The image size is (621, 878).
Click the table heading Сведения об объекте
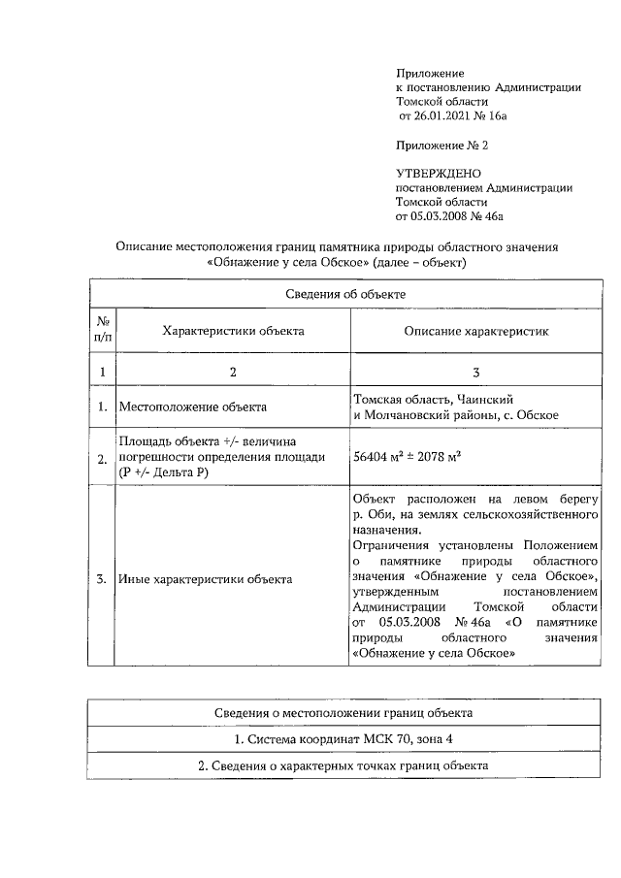tap(344, 292)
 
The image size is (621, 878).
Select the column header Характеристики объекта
tap(233, 331)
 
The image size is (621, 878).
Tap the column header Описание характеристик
tap(476, 331)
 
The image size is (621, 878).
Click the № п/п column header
tap(102, 330)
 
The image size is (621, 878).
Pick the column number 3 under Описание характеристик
tap(476, 371)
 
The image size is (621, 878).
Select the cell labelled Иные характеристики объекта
tap(205, 579)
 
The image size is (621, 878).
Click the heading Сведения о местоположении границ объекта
tap(344, 713)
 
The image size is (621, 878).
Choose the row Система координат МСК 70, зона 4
tap(344, 740)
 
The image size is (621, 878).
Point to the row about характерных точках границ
tap(344, 766)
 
